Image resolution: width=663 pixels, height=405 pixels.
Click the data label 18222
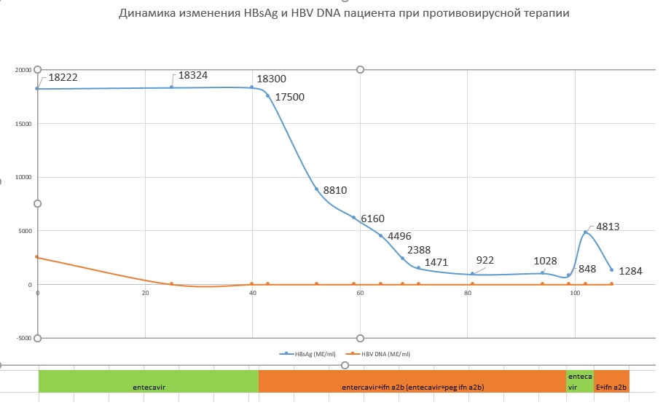[63, 76]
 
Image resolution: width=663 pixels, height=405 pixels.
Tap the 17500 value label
[289, 96]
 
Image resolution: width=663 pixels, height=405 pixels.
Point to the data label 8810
[335, 190]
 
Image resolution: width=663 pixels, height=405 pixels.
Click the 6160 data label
[372, 219]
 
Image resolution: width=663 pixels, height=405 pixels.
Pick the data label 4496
[399, 236]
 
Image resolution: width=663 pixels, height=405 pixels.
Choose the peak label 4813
[608, 227]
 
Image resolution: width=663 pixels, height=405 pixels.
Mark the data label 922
[484, 260]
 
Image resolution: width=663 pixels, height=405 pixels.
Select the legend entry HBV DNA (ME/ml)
[382, 354]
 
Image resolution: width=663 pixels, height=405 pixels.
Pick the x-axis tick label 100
[575, 293]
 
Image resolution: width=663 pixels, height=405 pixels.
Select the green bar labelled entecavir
[149, 386]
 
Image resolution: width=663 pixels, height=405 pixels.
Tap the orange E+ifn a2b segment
[611, 386]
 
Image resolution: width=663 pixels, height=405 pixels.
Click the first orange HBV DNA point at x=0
[37, 257]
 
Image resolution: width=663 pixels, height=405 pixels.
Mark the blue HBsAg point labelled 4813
[585, 232]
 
